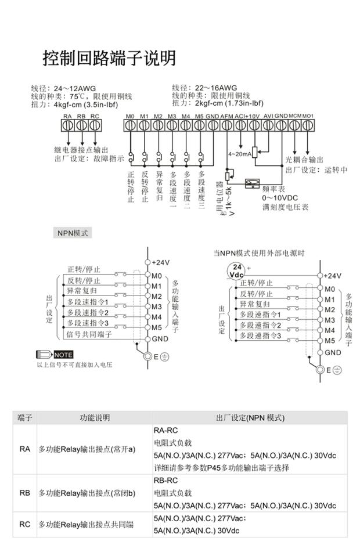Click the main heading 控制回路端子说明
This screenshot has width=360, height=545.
tap(109, 58)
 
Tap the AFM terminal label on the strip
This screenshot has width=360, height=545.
tap(227, 116)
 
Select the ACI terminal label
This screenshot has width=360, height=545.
tap(239, 116)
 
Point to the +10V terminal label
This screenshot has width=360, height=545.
tap(253, 116)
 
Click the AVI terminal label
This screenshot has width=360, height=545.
tap(268, 116)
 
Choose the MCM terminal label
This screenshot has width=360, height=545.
tap(294, 116)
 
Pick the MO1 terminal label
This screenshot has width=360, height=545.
tap(308, 116)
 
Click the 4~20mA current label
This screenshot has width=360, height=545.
tap(239, 154)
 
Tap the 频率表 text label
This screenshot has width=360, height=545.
tap(273, 189)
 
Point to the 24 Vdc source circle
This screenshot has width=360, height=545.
tap(236, 270)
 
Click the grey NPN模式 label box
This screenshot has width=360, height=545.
tap(72, 233)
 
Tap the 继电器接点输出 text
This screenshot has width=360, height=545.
tap(81, 150)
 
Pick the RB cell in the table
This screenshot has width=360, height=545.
tap(24, 493)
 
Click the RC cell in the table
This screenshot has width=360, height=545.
tap(24, 525)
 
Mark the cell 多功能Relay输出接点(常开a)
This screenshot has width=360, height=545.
tap(87, 449)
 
